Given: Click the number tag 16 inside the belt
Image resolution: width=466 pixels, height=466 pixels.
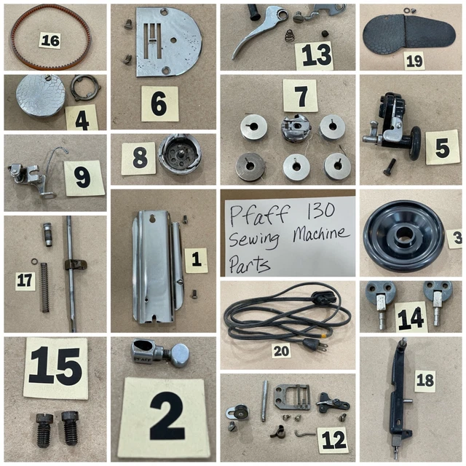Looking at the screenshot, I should coord(50,39).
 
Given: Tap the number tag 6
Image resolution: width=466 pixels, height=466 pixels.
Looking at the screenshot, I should coord(159,104).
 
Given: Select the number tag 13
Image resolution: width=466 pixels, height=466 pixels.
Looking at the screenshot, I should coord(314,55).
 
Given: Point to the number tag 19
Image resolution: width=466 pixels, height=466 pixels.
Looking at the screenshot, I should coord(414,60).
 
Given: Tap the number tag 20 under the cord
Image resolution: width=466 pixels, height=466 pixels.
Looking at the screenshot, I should coord(281,351).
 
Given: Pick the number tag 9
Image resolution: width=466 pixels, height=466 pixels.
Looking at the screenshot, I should coord(84,178).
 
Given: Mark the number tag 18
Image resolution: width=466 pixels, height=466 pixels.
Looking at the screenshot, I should coord(424,379).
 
